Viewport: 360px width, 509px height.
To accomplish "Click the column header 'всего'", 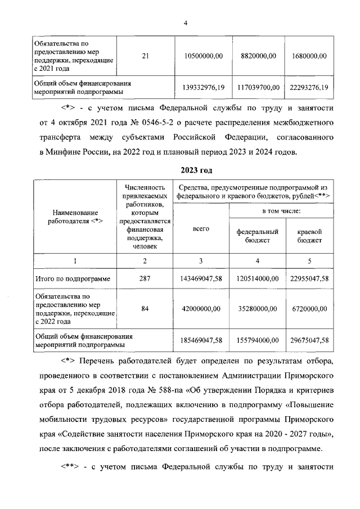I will (x=201, y=229).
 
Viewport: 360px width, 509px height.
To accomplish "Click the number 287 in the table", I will (x=145, y=278).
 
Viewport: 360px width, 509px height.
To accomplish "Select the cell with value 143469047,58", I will (x=201, y=278).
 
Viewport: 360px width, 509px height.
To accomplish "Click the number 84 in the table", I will (x=145, y=309).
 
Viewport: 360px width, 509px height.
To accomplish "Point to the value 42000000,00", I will (x=201, y=309).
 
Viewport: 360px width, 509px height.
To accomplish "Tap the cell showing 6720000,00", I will (x=309, y=309).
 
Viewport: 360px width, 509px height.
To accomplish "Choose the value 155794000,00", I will (x=258, y=340).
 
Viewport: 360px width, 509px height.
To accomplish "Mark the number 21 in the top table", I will (x=146, y=56).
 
